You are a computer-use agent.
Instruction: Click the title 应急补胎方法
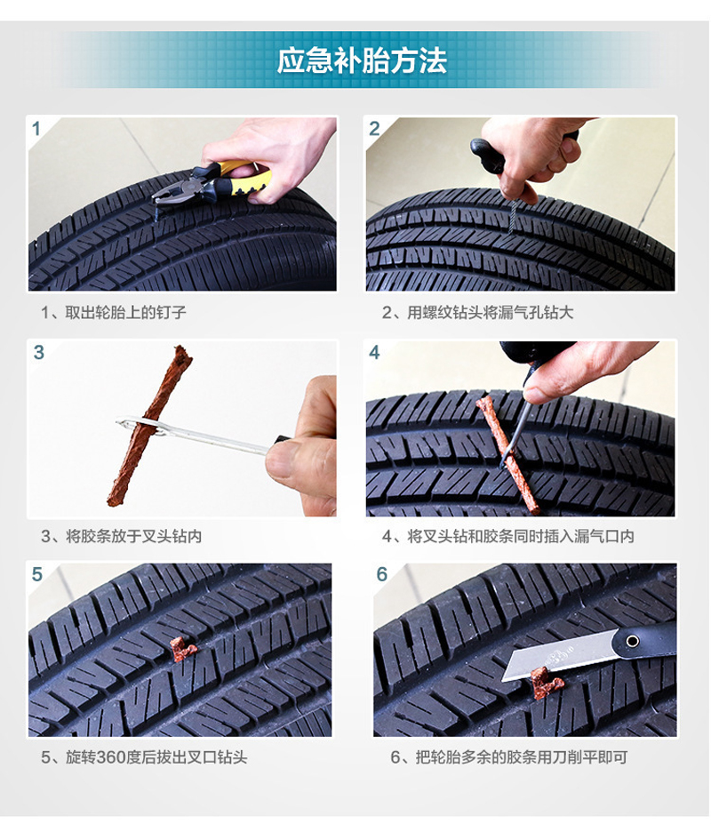click(361, 60)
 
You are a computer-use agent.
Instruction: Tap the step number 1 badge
click(36, 129)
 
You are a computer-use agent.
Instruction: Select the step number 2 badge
click(374, 129)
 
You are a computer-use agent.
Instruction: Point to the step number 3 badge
click(38, 352)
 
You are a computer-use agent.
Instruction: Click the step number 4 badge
click(374, 353)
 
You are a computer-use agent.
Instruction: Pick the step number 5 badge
click(37, 574)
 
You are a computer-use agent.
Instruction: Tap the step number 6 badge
click(381, 574)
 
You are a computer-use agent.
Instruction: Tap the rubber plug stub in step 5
click(183, 650)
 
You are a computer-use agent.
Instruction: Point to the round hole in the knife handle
click(632, 640)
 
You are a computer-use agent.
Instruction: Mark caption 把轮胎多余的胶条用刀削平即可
click(508, 757)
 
